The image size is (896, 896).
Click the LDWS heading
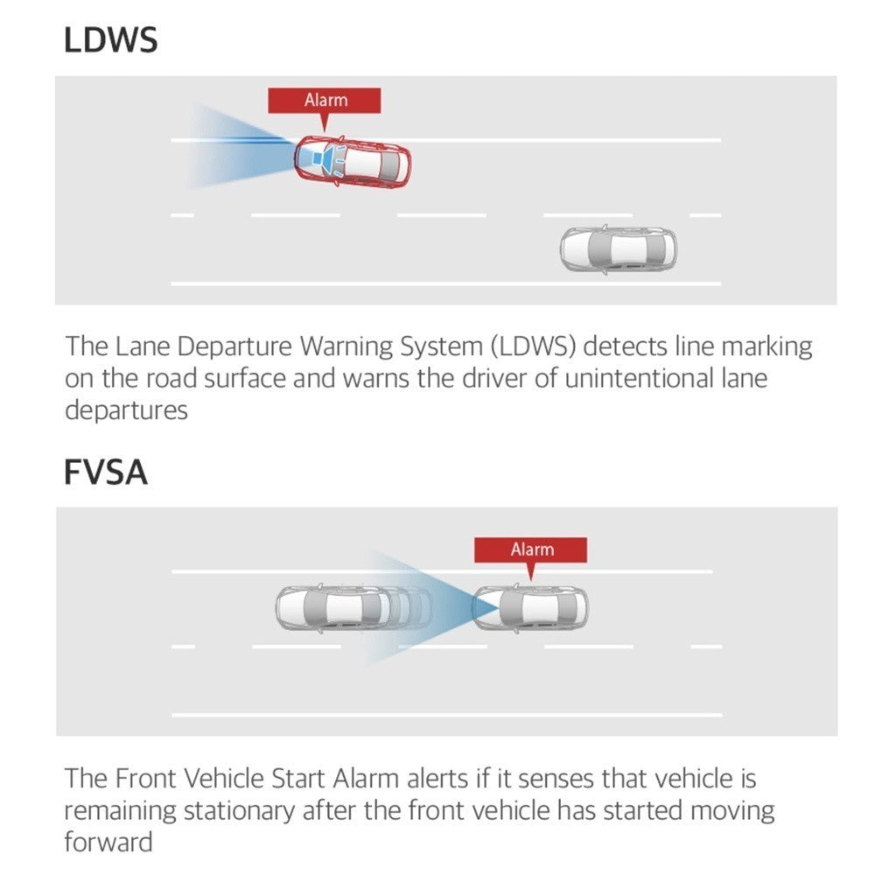click(x=111, y=40)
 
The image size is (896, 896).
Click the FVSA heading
click(x=106, y=472)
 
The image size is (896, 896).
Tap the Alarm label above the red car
click(x=325, y=101)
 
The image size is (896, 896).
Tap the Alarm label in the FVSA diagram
click(x=531, y=549)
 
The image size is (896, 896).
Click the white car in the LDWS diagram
click(x=618, y=248)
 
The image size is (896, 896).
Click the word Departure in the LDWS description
click(x=236, y=347)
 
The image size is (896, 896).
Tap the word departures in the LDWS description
click(x=126, y=410)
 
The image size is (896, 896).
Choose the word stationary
click(x=238, y=810)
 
